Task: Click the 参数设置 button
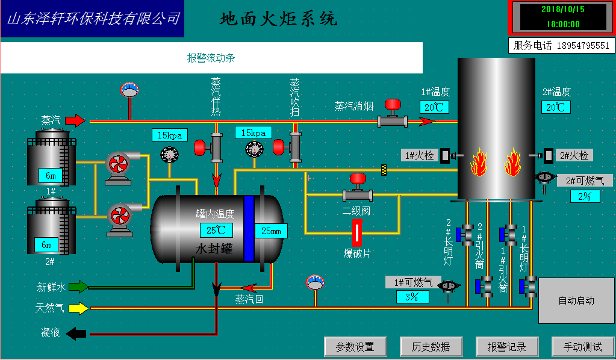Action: [x=355, y=347]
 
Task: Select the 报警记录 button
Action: [x=506, y=347]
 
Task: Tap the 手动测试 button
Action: [x=582, y=347]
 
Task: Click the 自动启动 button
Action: [x=576, y=300]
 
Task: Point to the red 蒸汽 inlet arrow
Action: [x=75, y=120]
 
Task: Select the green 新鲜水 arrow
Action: [x=78, y=287]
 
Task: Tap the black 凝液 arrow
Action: [x=76, y=333]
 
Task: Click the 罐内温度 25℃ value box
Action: [x=216, y=230]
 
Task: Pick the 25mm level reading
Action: [x=271, y=231]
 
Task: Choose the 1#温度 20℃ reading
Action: [x=434, y=107]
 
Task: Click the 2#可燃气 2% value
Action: [x=585, y=196]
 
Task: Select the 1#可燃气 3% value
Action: [x=412, y=296]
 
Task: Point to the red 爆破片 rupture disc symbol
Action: [x=356, y=232]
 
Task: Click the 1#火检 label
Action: [x=420, y=155]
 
